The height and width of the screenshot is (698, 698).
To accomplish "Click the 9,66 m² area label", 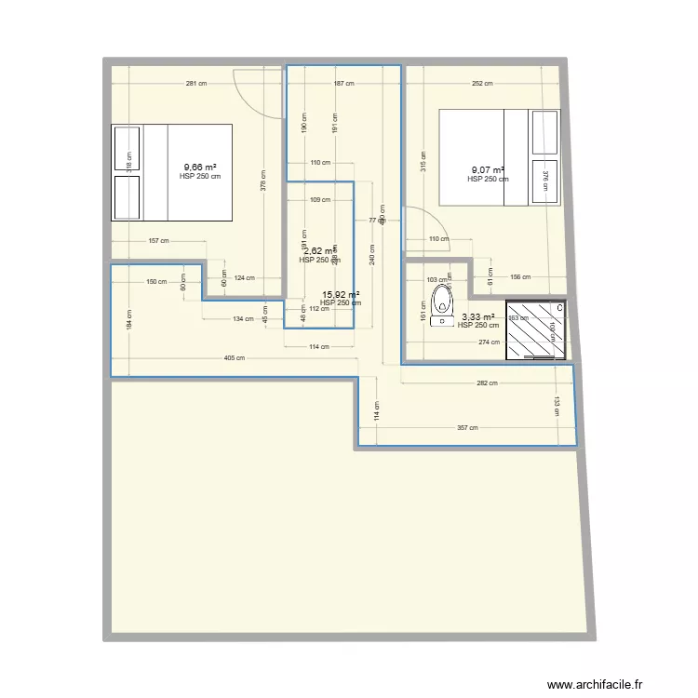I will pos(200,168).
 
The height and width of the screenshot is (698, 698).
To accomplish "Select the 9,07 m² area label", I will pos(488,170).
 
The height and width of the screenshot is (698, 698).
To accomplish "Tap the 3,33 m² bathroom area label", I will pos(477,317).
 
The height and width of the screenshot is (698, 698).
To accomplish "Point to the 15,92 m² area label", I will pos(341,295).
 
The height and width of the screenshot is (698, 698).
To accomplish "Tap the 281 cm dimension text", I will pos(195,84).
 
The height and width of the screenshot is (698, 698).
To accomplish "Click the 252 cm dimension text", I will pos(482,84).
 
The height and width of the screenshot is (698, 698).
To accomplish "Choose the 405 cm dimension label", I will pos(235,358).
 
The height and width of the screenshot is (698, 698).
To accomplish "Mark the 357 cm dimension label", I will pos(467,428).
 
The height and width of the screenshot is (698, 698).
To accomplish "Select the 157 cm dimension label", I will pos(158,241).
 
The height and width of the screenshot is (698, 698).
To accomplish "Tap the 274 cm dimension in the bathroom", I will pos(488,342).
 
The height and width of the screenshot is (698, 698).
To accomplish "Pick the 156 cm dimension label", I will pos(520,277).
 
